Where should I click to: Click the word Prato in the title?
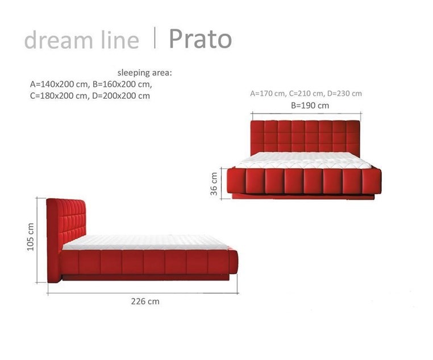(200, 39)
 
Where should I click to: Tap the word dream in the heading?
(59, 40)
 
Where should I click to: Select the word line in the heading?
(120, 40)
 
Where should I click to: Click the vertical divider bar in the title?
(155, 38)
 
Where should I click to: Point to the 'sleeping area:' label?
(145, 73)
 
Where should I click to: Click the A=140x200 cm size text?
(59, 84)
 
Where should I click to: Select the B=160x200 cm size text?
(122, 84)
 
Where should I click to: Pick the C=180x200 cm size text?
(59, 96)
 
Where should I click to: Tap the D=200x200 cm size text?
(121, 96)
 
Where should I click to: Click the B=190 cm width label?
(310, 106)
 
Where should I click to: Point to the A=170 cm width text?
(267, 94)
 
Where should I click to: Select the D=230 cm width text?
(344, 94)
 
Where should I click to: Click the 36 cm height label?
(214, 184)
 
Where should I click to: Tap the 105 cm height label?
(30, 237)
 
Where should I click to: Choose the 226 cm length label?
(145, 302)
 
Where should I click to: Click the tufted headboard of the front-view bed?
(305, 137)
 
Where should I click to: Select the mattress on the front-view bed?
(304, 161)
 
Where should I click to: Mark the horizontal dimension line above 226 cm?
(143, 293)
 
